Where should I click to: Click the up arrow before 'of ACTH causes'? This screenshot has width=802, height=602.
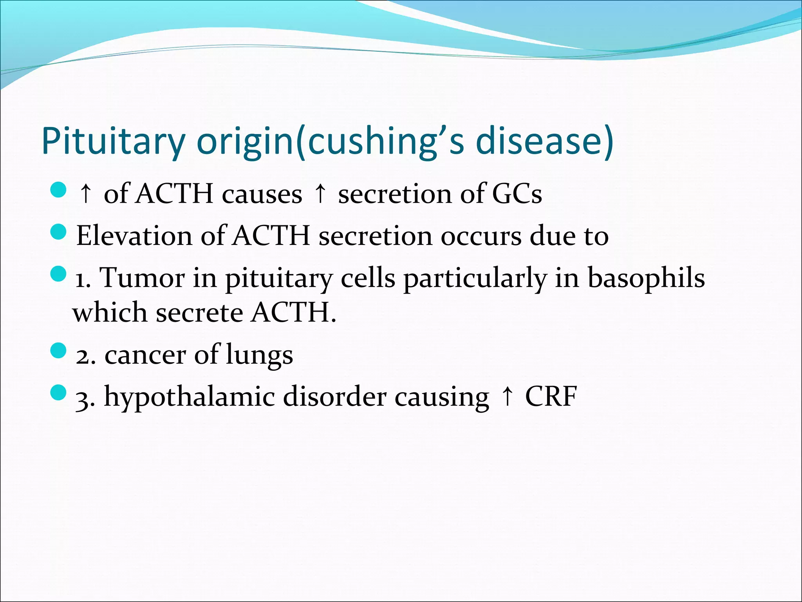pos(85,194)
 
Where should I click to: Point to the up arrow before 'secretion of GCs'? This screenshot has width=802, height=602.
pos(320,194)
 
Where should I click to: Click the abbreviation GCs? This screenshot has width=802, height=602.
pos(517,194)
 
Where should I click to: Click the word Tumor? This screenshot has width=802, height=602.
pos(142,277)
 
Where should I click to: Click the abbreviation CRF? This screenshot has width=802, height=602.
pos(551,397)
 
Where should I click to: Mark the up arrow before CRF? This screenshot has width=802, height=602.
pos(507,397)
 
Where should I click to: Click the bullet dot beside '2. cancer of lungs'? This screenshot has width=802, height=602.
pos(59,350)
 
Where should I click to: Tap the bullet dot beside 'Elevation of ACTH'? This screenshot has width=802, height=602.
pos(59,232)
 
